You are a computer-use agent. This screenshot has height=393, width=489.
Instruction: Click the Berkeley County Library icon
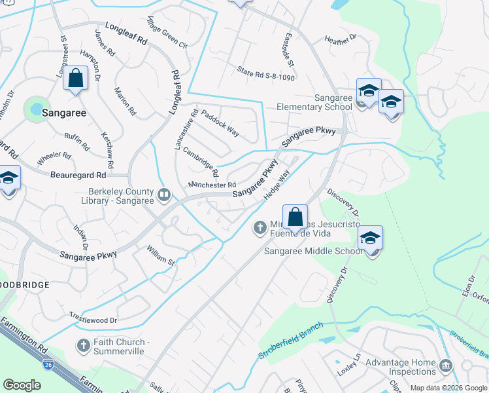click(x=163, y=194)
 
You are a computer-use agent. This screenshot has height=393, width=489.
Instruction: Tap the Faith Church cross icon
click(x=83, y=345)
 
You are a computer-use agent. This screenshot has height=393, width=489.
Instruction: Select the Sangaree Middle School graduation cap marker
click(x=370, y=239)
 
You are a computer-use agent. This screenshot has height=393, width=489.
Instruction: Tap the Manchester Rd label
click(x=211, y=186)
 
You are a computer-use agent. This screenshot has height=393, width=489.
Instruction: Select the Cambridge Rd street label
click(x=200, y=162)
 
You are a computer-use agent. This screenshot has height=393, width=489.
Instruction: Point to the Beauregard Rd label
click(x=78, y=176)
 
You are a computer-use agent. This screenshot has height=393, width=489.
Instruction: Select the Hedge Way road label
click(x=276, y=185)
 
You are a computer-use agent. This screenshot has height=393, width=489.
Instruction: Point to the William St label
click(x=161, y=256)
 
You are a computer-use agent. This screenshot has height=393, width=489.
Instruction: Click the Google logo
click(x=22, y=385)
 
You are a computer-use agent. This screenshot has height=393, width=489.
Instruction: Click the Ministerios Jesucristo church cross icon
click(x=260, y=227)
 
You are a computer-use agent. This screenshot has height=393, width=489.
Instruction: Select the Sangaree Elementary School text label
click(x=314, y=102)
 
